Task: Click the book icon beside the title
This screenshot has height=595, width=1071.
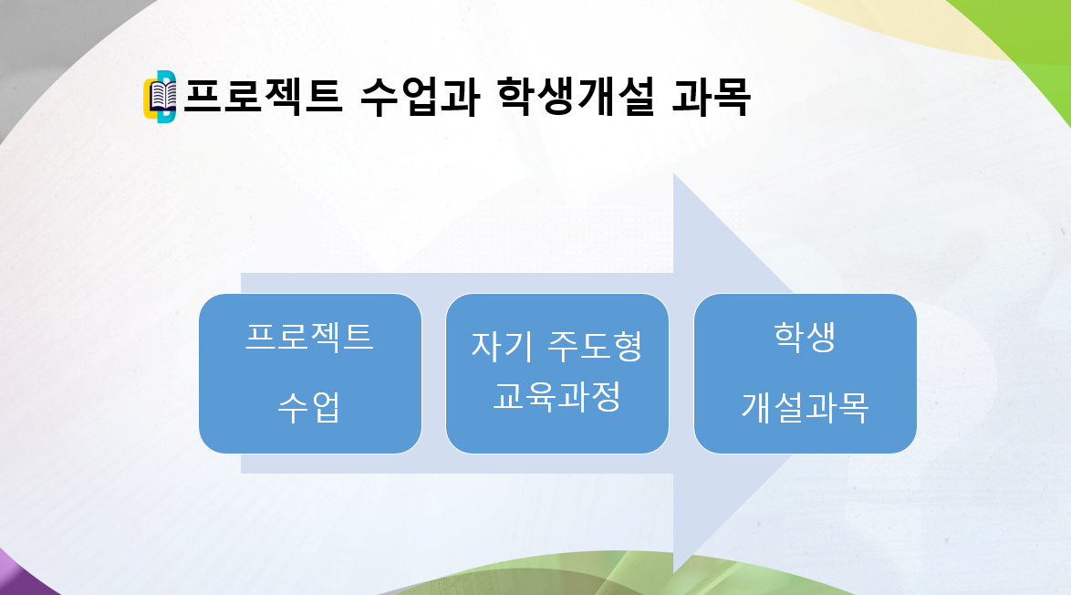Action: pos(161,97)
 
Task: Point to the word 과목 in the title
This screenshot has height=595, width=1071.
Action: pos(711,97)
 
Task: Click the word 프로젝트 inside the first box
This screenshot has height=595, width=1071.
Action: pos(310,337)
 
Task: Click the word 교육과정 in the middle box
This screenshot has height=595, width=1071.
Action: pos(557,397)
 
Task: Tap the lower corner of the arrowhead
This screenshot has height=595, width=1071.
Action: pos(674,571)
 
